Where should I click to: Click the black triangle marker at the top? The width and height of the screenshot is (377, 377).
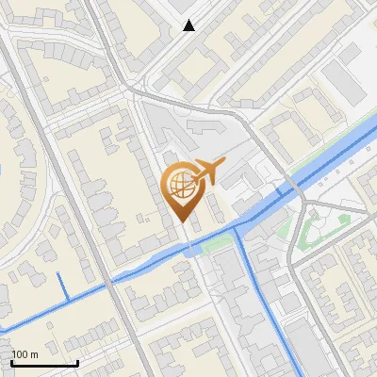189,25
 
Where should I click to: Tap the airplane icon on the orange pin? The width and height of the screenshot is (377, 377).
209,171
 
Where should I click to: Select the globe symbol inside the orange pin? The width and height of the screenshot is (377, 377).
179,185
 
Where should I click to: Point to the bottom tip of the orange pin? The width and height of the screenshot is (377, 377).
183,222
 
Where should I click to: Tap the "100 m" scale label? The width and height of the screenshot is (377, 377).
25,354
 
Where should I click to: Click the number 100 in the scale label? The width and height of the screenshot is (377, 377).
20,354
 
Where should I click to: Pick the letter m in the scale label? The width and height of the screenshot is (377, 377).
33,354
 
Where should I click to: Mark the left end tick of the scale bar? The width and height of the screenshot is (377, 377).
11,361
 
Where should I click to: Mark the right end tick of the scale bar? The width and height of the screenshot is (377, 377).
77,361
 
